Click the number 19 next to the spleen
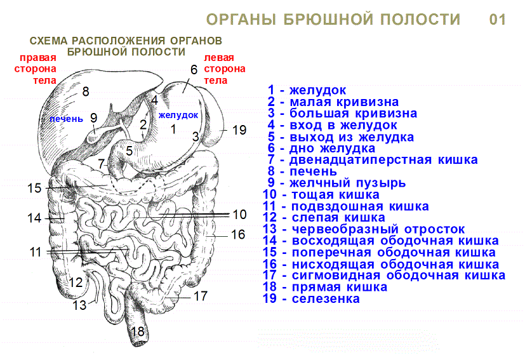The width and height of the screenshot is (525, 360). click(x=239, y=130)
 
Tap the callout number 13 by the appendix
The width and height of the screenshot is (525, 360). click(x=80, y=305)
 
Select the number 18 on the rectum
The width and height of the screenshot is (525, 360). click(x=137, y=331)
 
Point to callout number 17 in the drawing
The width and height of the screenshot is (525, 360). click(x=201, y=296)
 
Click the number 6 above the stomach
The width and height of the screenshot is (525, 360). click(x=194, y=70)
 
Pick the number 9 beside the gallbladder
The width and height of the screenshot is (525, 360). click(x=94, y=118)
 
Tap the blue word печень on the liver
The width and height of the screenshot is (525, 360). click(x=66, y=119)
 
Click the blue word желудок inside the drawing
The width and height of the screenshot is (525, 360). click(x=178, y=115)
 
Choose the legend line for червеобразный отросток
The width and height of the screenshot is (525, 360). click(x=364, y=229)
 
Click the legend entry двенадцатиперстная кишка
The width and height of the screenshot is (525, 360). click(x=373, y=160)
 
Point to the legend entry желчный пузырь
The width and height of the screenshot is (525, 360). click(x=337, y=183)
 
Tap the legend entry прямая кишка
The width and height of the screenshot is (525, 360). click(x=325, y=287)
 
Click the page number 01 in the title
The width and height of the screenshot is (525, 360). click(x=498, y=20)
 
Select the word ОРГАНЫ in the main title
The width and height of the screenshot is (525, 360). click(x=241, y=20)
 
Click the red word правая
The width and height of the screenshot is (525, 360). click(x=38, y=58)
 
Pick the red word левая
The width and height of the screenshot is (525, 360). click(x=219, y=58)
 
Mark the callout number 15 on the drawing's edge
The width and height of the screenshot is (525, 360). click(x=34, y=188)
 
